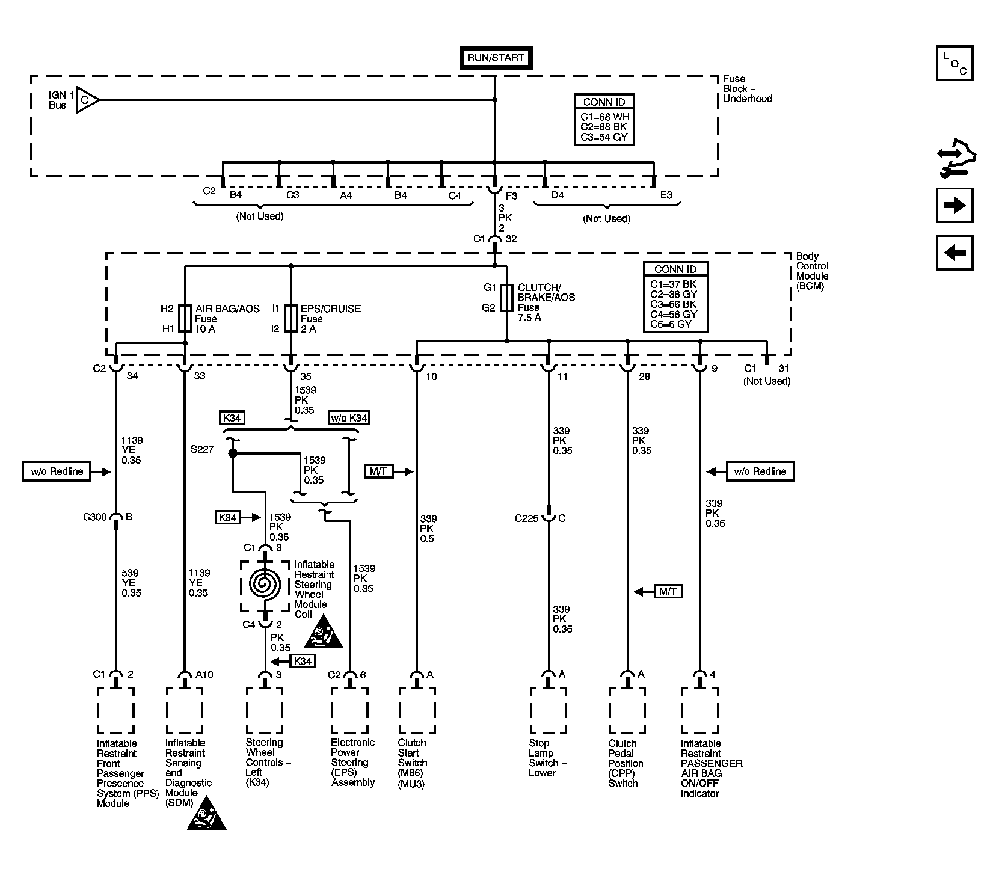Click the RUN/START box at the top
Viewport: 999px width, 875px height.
pyautogui.click(x=496, y=58)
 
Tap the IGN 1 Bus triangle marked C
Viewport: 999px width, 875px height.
pyautogui.click(x=87, y=100)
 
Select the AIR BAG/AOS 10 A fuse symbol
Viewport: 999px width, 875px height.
pyautogui.click(x=185, y=318)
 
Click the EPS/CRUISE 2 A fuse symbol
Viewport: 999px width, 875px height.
pyautogui.click(x=290, y=318)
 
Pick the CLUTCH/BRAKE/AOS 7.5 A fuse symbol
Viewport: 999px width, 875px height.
pyautogui.click(x=506, y=297)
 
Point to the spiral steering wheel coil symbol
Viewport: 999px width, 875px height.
pyautogui.click(x=265, y=584)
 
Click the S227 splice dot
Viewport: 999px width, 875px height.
pyautogui.click(x=233, y=453)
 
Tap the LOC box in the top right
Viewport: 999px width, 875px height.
pyautogui.click(x=954, y=64)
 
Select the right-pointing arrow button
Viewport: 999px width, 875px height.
pyautogui.click(x=954, y=206)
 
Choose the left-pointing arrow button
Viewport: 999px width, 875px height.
pyautogui.click(x=954, y=253)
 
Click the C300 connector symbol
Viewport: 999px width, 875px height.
pyautogui.click(x=115, y=518)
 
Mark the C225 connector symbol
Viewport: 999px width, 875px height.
pyautogui.click(x=549, y=516)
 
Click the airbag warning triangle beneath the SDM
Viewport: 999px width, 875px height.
pyautogui.click(x=207, y=813)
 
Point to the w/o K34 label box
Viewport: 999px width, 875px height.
pyautogui.click(x=349, y=418)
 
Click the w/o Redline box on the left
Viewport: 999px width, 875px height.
pyautogui.click(x=57, y=471)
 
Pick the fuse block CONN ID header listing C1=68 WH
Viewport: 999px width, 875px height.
pyautogui.click(x=604, y=102)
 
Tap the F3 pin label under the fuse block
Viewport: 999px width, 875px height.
pyautogui.click(x=511, y=195)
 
